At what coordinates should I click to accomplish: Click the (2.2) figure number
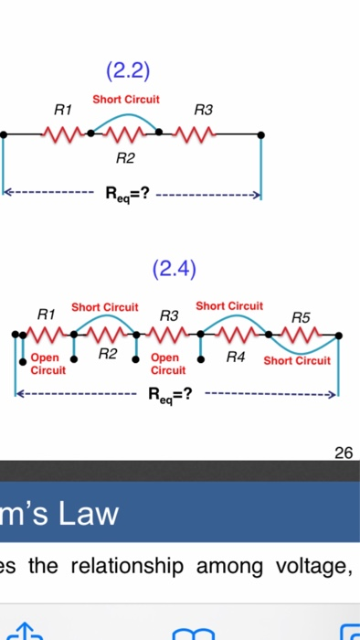point(127,70)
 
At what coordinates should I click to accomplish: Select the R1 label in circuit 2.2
point(63,110)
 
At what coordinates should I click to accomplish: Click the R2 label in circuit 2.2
point(125,159)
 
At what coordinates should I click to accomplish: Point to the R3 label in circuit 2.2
point(203,110)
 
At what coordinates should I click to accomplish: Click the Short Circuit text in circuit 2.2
point(125,98)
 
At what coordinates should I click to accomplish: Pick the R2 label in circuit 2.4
point(108,352)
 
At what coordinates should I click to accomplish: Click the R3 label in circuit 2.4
point(168,315)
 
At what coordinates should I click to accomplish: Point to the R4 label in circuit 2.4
point(236,354)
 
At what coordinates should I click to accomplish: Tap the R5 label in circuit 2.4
point(301,317)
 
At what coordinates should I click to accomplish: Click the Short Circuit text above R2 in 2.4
point(105,306)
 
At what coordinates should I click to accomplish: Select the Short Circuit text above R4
point(229,304)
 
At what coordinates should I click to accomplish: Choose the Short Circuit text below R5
point(297,360)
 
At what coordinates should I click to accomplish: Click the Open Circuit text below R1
point(48,364)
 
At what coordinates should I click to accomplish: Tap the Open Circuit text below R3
point(168,364)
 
